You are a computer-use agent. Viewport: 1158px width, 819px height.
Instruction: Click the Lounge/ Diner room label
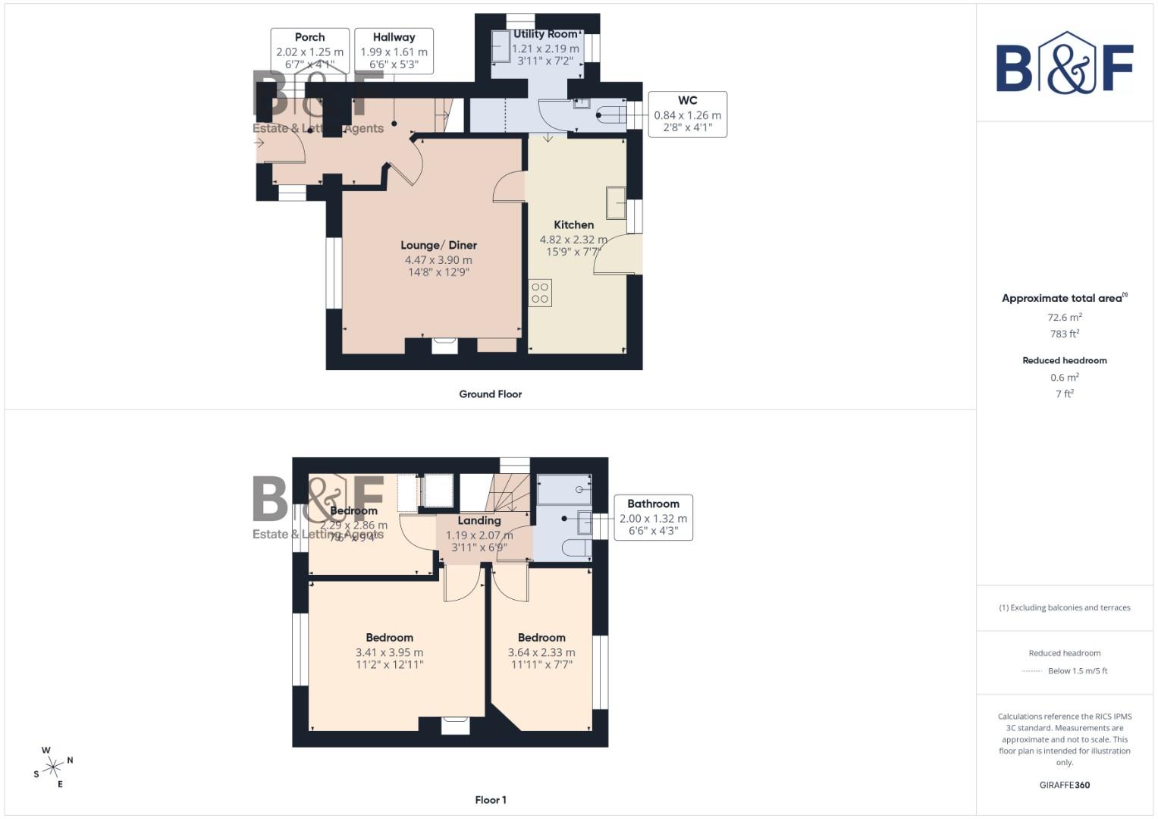coord(438,245)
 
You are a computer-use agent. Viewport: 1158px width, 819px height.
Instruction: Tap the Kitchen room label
coord(573,224)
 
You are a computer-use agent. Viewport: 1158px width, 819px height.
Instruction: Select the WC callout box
coord(687,114)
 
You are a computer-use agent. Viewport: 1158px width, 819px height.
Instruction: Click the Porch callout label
coord(309,37)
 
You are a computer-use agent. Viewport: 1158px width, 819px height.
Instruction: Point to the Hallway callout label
coord(394,37)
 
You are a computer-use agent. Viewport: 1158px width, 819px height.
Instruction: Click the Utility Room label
coord(545,34)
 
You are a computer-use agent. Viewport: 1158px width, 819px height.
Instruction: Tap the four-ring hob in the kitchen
coord(540,293)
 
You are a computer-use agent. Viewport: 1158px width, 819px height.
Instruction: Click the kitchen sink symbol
coord(615,202)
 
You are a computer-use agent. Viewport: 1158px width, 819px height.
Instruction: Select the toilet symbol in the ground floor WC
coord(611,116)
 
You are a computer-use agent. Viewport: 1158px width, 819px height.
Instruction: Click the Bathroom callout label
coord(653,504)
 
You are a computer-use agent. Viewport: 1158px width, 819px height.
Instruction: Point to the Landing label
coord(479,520)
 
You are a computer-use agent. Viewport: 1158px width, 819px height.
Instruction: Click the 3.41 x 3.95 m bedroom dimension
coord(389,652)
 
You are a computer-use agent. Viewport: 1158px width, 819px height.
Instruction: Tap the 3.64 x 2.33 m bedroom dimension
coord(541,652)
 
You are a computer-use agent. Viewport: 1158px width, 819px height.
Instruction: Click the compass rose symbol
coord(53,767)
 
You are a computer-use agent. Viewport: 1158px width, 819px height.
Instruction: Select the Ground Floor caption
coord(490,394)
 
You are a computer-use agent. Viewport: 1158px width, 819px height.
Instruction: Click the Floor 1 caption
coord(490,800)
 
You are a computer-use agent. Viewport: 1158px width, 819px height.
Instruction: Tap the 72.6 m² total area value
coord(1064,318)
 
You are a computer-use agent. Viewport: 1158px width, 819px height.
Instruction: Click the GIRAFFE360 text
coord(1064,785)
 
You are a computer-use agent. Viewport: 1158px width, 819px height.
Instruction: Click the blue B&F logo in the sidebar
coord(1064,64)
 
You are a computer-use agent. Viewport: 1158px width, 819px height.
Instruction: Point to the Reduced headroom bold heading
coord(1064,360)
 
